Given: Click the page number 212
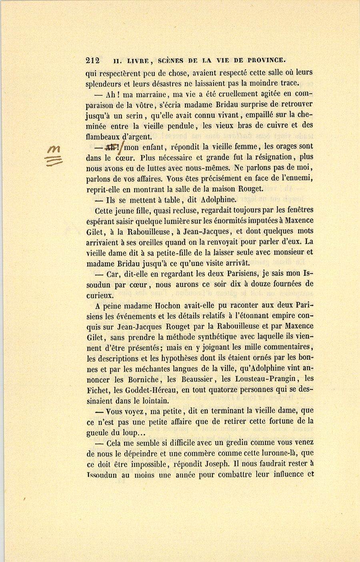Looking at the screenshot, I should tap(93, 61).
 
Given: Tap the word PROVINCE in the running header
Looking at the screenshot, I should tap(266, 61).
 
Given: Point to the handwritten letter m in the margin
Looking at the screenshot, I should tap(54, 149).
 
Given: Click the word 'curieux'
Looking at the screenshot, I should tap(99, 295).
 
